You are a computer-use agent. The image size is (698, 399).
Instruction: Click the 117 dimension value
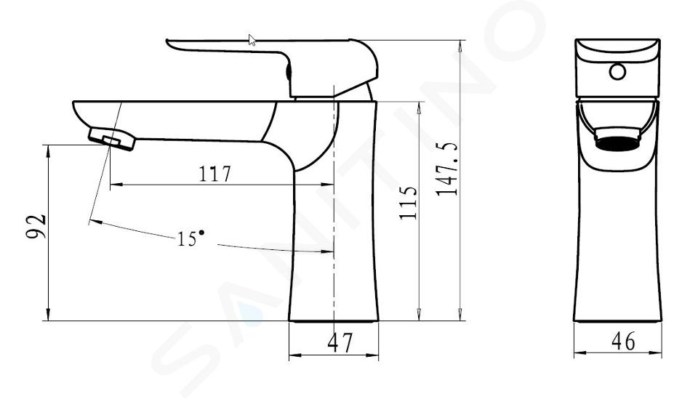pos(214,174)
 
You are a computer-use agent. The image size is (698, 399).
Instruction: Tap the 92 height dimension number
pos(36,227)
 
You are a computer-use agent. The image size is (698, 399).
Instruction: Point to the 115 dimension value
pos(409,202)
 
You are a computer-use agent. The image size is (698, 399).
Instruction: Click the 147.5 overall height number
pos(447,169)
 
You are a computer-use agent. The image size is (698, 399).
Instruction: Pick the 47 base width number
pos(340,342)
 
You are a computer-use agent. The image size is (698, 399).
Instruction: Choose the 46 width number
pos(623,342)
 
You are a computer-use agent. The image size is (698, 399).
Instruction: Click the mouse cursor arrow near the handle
pos(252,39)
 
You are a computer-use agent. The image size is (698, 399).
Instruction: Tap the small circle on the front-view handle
pos(617,71)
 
